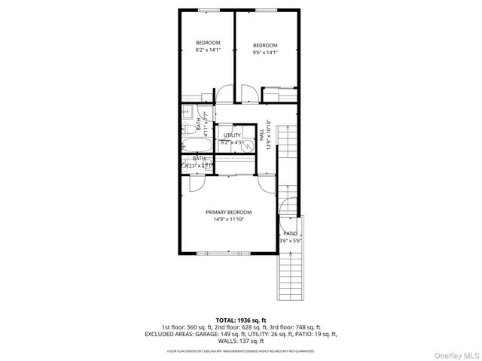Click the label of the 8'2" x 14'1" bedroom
[208, 42]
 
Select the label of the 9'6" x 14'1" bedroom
[264, 45]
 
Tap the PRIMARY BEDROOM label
[229, 213]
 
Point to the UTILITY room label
[231, 135]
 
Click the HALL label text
[261, 136]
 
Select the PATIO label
[290, 234]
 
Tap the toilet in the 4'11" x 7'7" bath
[187, 127]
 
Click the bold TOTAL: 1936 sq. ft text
[241, 319]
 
